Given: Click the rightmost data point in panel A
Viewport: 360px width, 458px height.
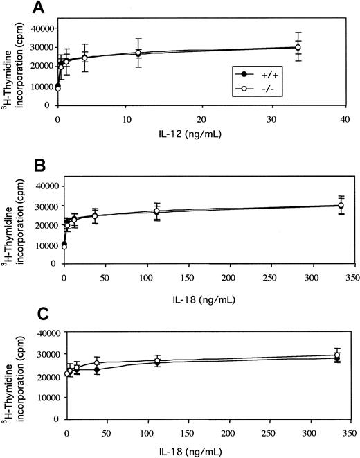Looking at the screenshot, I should (x=298, y=48).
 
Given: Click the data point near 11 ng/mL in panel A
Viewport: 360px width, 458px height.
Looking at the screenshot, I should (x=139, y=53).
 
